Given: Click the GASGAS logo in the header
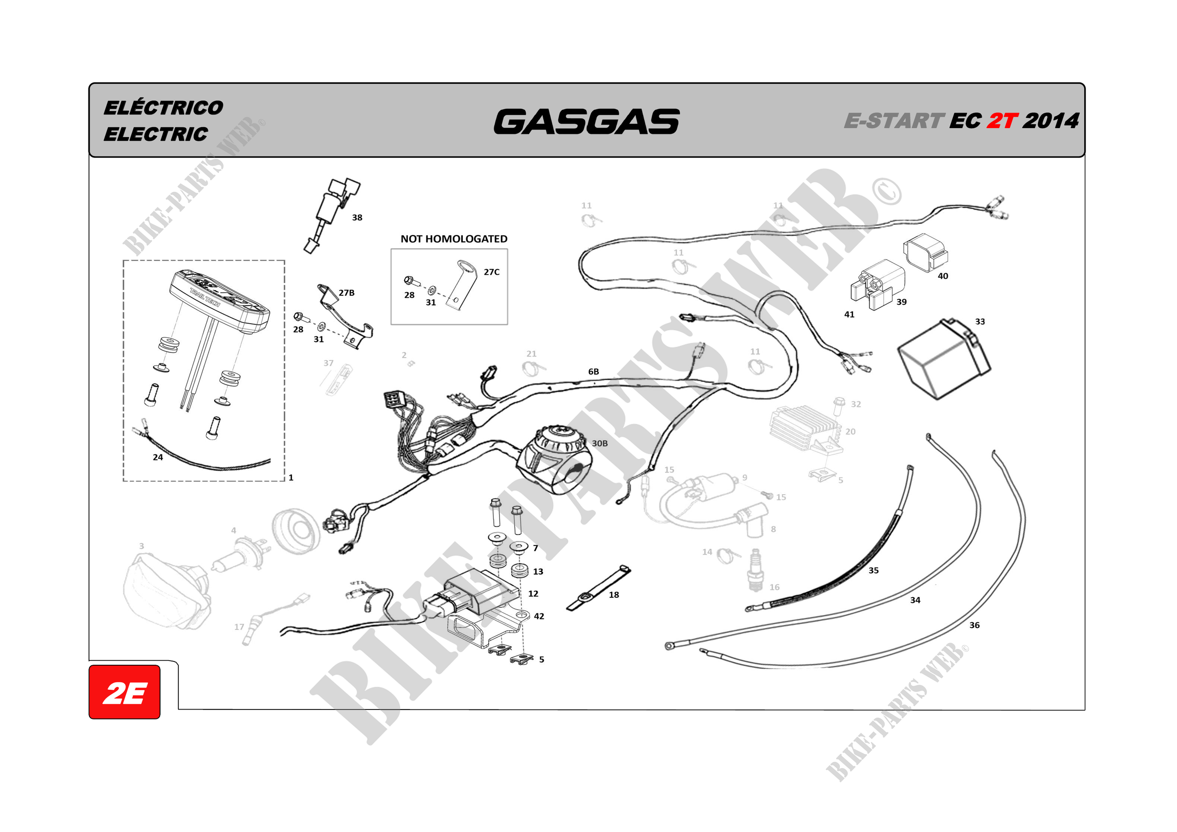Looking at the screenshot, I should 587,122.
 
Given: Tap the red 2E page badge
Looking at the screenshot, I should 125,693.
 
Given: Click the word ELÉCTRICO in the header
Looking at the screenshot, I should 163,108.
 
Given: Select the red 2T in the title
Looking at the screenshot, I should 1002,121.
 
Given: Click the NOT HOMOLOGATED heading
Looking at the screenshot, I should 454,238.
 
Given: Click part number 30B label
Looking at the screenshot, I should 600,443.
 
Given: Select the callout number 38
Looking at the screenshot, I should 357,218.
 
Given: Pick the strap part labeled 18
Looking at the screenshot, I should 597,588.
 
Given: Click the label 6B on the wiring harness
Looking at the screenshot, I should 593,371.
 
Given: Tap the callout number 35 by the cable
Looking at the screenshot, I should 873,571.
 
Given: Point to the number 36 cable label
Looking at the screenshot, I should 974,625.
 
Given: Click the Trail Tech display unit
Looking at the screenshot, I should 219,302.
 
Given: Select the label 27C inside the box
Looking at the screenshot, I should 491,272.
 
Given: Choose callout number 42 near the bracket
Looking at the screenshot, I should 539,616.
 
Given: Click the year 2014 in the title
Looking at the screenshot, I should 1051,121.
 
